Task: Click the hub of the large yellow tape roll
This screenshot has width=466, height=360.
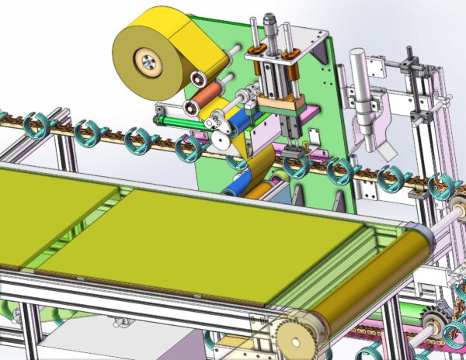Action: pyautogui.click(x=145, y=59)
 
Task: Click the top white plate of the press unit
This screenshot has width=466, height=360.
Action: pyautogui.click(x=272, y=51)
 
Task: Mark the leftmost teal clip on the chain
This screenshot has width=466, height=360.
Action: pyautogui.click(x=36, y=124)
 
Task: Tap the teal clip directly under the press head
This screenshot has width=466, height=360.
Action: pyautogui.click(x=294, y=165)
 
